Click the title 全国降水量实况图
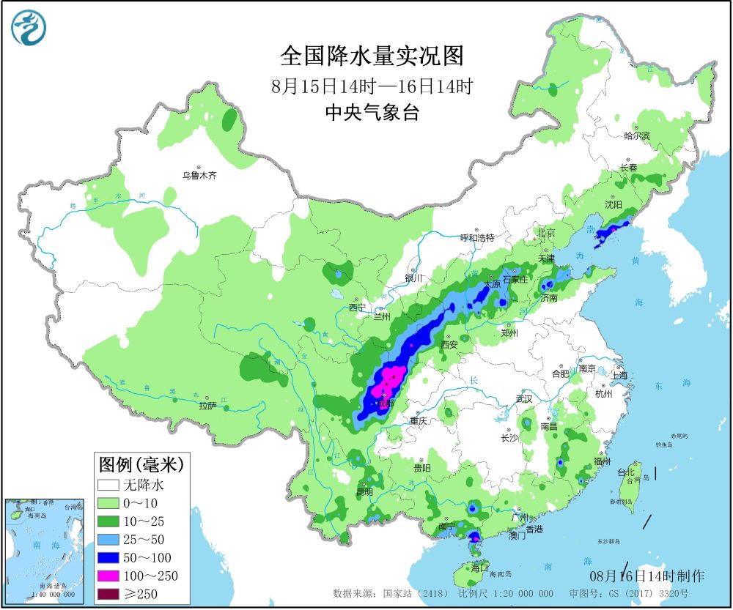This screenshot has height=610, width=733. [372, 56]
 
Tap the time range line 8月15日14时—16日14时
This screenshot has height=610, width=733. [372, 86]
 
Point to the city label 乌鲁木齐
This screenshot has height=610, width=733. [200, 175]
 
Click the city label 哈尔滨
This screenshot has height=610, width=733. [636, 135]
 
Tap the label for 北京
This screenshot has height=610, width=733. [546, 233]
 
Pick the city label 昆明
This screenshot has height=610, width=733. [364, 491]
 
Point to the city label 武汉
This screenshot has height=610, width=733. [524, 399]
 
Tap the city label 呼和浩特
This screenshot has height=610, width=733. [477, 238]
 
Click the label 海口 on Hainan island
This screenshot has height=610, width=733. [480, 568]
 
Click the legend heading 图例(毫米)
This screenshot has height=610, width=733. [140, 464]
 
